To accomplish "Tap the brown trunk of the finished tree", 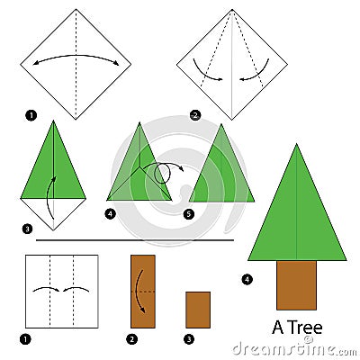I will [x=297, y=284].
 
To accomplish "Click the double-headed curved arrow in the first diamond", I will [x=76, y=59].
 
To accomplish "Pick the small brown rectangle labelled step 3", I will [x=198, y=310].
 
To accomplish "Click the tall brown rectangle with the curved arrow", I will [x=142, y=291].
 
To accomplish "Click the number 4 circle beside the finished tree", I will [x=247, y=279].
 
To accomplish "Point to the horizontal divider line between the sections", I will [x=135, y=240].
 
